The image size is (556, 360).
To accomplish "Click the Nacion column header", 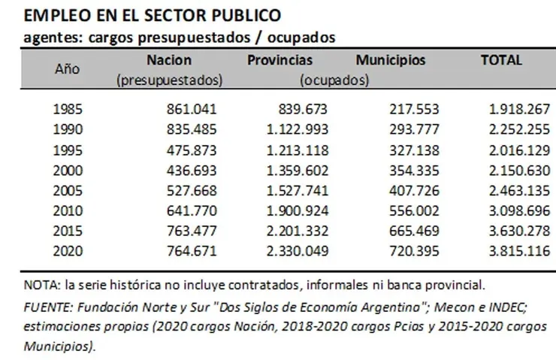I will coord(170,60).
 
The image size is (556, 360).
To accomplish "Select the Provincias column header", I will coord(280,60).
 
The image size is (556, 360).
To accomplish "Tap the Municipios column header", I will coord(390,60).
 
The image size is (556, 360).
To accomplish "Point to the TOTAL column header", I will coord(501,60).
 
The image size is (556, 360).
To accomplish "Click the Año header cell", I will coord(68,68).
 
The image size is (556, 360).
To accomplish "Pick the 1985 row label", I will coord(69,110).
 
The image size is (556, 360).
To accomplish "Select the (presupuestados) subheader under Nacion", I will coord(170,79).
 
